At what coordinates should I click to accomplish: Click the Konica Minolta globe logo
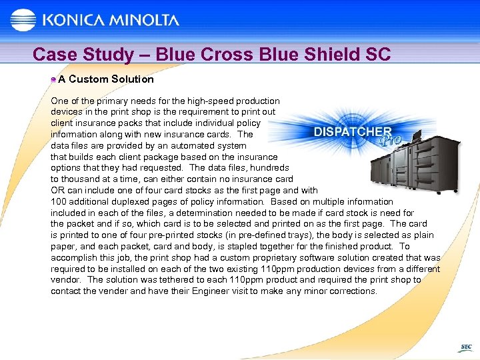coord(23,20)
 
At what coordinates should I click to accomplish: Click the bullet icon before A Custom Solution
coord(53,79)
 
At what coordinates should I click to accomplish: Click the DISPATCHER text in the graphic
coord(353,131)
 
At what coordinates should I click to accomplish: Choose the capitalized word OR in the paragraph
coord(58,190)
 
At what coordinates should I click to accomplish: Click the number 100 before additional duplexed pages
coord(59,201)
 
